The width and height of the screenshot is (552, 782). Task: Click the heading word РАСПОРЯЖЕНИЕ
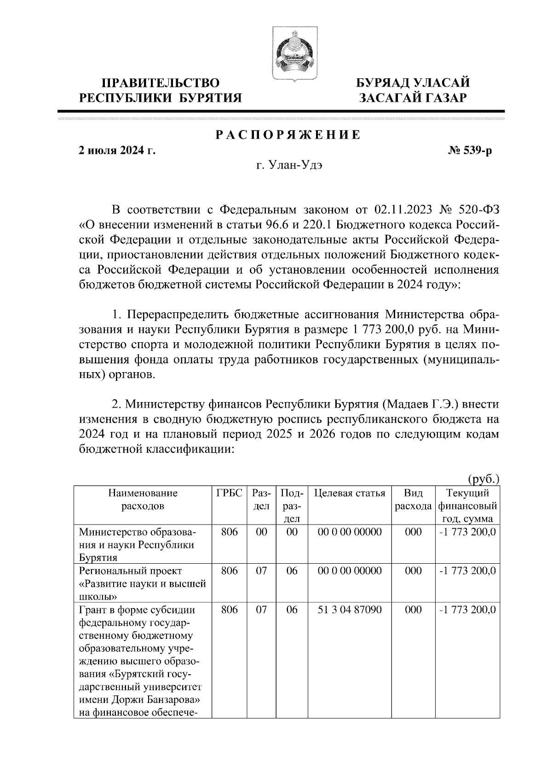point(288,135)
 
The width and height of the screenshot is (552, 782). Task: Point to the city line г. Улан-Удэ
point(289,166)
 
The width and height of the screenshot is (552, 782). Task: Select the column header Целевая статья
point(350,494)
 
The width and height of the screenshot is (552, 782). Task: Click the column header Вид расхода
point(413,500)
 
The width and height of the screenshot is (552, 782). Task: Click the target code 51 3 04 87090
point(350,610)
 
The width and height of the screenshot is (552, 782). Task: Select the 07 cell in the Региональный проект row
point(261,571)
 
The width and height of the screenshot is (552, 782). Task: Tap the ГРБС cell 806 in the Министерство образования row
point(229,532)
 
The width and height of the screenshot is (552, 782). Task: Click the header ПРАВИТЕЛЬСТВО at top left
point(161,83)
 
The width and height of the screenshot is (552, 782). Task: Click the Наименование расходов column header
point(143,500)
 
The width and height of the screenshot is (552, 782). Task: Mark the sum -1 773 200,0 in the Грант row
point(467,610)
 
